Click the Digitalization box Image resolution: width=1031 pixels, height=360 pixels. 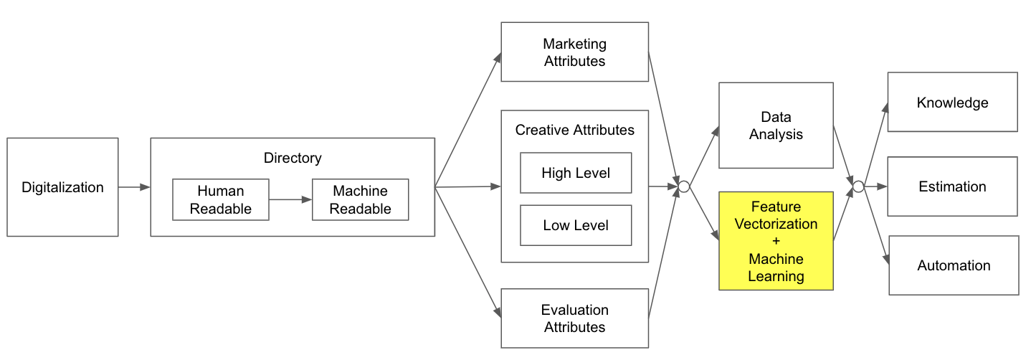tap(62, 187)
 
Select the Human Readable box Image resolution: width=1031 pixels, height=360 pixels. tap(220, 199)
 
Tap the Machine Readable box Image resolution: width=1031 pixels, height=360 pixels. tap(360, 199)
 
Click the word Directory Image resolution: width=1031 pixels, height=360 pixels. tap(293, 158)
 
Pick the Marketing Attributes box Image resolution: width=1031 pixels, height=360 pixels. tap(574, 52)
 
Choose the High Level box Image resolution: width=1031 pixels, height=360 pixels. tap(576, 173)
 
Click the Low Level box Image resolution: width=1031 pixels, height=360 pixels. tap(576, 225)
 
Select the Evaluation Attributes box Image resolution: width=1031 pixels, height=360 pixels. tap(574, 318)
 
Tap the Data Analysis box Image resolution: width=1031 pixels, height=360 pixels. tap(776, 125)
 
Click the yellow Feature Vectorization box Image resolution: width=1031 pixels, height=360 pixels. tap(776, 241)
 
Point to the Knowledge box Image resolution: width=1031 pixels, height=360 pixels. tap(952, 102)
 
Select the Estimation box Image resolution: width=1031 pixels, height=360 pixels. tap(952, 186)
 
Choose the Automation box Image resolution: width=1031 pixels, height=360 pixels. tap(954, 265)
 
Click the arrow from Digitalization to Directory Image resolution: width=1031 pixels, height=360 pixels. tap(134, 187)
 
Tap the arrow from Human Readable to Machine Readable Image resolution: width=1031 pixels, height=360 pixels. tap(290, 199)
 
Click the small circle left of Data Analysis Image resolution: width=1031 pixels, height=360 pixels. tap(684, 187)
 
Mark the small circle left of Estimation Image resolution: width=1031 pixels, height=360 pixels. tap(857, 187)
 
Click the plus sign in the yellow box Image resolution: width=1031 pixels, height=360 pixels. tap(776, 241)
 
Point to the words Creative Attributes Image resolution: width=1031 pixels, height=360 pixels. tap(574, 130)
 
